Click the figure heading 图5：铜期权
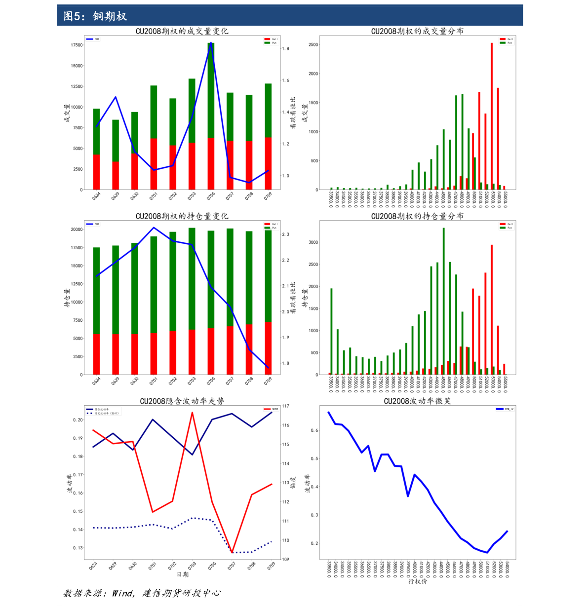point(95,16)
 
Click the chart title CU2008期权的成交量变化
point(182,31)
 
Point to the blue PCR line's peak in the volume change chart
point(211,43)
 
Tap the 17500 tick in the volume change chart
point(77,45)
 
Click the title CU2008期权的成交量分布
point(417,31)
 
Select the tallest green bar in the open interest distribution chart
point(443,301)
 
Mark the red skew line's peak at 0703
point(192,413)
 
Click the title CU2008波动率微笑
point(417,401)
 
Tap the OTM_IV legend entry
point(506,409)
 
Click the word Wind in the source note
point(121,593)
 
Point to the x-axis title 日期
point(182,574)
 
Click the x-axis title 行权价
point(418,581)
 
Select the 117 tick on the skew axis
point(285,406)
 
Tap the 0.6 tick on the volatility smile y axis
point(314,430)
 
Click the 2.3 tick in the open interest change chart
point(285,234)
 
